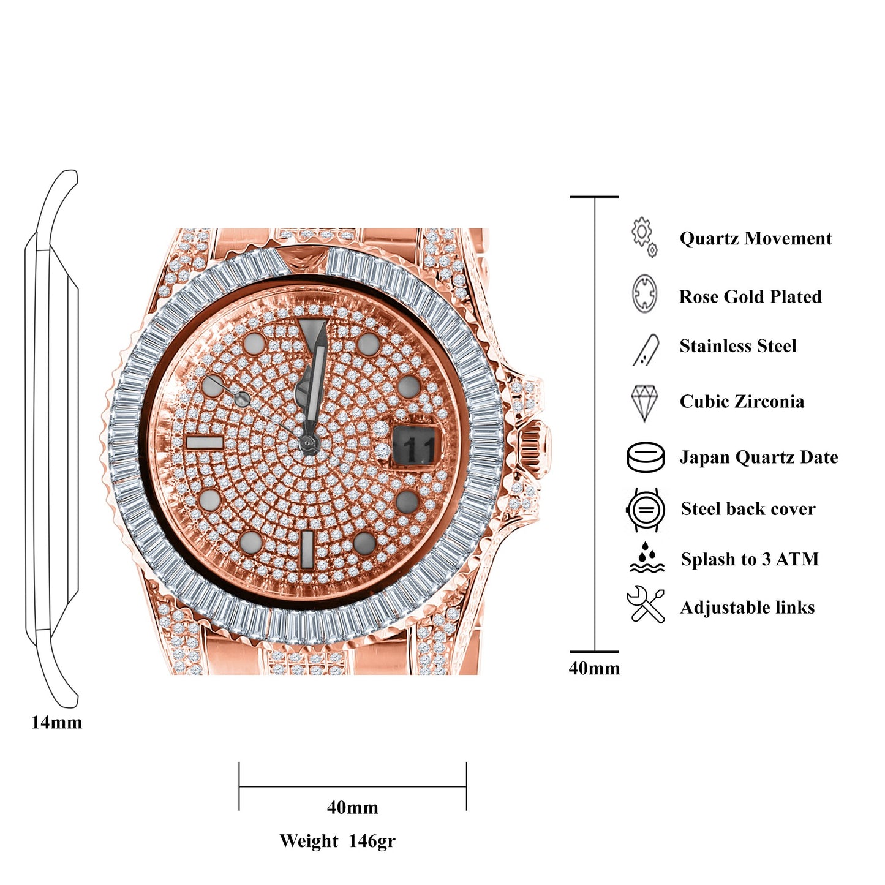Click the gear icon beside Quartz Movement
click(644, 236)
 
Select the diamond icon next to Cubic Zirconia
click(644, 402)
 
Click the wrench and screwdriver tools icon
click(646, 605)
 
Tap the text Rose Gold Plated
click(750, 297)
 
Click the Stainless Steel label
click(738, 347)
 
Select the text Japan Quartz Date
click(759, 458)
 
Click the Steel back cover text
click(748, 509)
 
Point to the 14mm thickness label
click(56, 723)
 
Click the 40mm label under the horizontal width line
click(352, 808)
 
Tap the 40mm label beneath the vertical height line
click(594, 668)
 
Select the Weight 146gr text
click(337, 841)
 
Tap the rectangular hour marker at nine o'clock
click(205, 443)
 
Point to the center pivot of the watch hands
click(307, 443)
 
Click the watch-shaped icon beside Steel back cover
click(646, 510)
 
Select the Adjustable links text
click(747, 608)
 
